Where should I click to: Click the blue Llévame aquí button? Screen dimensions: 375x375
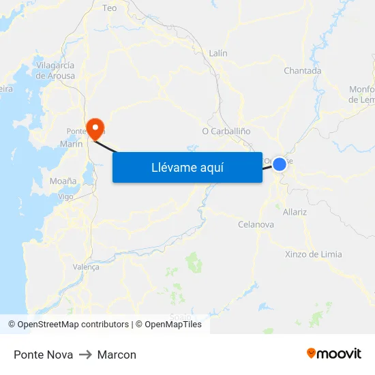[x=187, y=167]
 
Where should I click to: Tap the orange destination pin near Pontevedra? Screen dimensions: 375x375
[x=95, y=127]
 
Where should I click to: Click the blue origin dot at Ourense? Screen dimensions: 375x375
[x=280, y=164]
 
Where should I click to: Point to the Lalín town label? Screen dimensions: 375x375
[x=218, y=53]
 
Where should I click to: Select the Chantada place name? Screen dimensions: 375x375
[x=302, y=71]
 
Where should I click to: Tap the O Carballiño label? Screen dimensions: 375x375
[x=226, y=131]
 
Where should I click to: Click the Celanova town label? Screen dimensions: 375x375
[x=256, y=224]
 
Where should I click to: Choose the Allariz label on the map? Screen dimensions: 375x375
[x=295, y=212]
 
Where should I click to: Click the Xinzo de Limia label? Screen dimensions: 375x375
[x=313, y=254]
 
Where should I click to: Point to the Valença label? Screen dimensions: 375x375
[x=86, y=267]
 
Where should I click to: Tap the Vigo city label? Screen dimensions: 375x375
[x=65, y=196]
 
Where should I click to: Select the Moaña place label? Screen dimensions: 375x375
[x=63, y=181]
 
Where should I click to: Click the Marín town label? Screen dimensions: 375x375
[x=71, y=144]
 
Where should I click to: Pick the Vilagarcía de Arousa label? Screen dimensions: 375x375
[x=56, y=70]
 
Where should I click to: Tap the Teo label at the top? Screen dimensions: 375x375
[x=109, y=8]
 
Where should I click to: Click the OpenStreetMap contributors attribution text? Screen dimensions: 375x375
[x=73, y=325]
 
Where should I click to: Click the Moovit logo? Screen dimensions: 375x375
[x=334, y=354]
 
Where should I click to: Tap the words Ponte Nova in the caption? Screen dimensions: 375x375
[x=43, y=355]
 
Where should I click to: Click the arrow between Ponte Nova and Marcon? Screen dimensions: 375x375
[x=85, y=355]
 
